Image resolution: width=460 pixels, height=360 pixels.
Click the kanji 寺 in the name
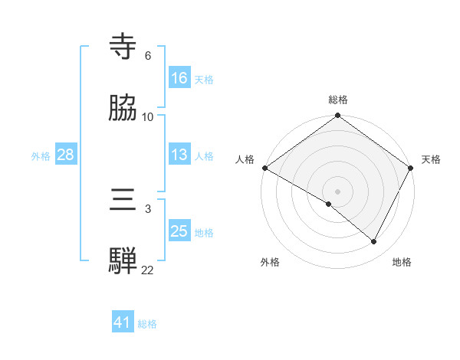(123, 47)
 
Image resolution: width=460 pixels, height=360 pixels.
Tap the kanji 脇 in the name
(123, 108)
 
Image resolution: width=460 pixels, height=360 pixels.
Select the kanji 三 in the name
(123, 201)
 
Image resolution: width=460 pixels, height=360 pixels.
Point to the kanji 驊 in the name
(123, 261)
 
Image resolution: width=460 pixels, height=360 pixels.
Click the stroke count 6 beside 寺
(148, 56)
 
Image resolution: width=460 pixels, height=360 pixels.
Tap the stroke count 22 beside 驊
(148, 270)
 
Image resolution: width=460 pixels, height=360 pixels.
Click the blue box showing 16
(179, 78)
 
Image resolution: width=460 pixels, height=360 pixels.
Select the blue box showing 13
(179, 155)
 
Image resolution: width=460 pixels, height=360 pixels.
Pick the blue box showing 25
(179, 231)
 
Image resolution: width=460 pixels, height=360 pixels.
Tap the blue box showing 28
(65, 155)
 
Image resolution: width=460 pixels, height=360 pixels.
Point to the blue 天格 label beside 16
(204, 79)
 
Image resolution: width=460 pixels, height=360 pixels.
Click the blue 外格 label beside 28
(41, 156)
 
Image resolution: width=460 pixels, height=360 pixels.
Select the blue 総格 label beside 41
(147, 323)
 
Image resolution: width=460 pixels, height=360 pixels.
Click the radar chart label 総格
(337, 100)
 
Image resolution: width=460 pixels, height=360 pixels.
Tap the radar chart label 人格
(245, 159)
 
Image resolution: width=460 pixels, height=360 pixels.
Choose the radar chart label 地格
(402, 262)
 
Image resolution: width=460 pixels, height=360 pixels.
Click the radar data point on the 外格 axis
(329, 204)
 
